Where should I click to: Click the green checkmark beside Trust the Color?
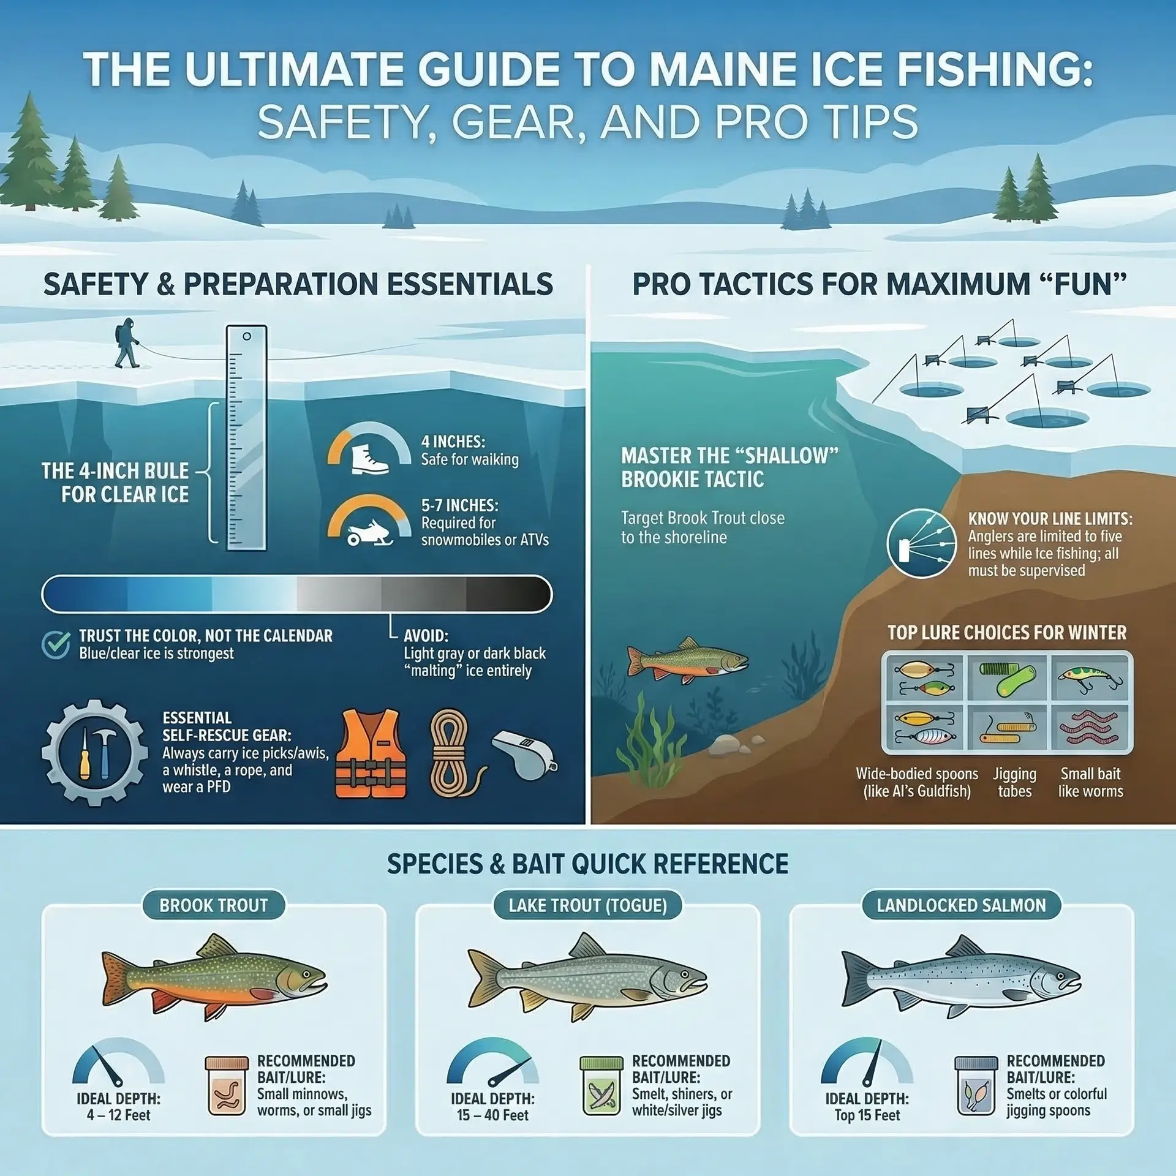point(55,645)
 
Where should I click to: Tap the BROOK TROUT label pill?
point(213,905)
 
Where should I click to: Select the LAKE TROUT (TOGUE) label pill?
point(587,905)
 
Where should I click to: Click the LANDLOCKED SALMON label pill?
point(961,905)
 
